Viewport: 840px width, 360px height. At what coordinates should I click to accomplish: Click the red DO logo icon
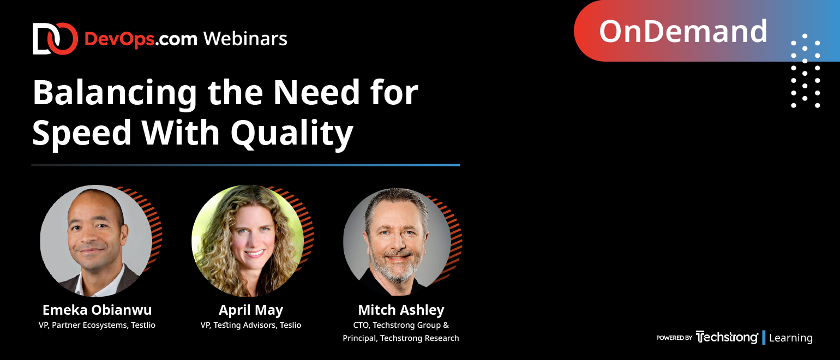[55, 39]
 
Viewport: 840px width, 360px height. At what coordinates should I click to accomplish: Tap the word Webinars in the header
[245, 39]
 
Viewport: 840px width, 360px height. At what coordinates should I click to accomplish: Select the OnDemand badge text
[683, 31]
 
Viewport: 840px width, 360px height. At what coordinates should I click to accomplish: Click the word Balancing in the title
[115, 93]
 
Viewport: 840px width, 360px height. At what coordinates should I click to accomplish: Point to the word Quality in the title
[292, 133]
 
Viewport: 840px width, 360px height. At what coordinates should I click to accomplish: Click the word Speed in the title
[82, 133]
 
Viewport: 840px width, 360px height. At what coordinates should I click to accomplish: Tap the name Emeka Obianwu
[97, 310]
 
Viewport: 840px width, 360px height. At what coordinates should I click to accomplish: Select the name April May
[251, 310]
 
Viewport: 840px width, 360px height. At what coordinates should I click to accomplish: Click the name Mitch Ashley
[401, 310]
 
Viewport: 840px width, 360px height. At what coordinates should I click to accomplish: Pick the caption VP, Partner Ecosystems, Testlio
[97, 325]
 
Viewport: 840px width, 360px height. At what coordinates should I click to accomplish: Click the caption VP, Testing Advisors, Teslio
[251, 325]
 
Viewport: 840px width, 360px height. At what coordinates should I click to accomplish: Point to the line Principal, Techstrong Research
[401, 338]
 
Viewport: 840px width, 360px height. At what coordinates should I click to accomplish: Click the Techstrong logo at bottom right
[727, 337]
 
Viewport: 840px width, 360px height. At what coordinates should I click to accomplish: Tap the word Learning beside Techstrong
[791, 338]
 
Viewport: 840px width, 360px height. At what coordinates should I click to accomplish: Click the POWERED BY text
[674, 338]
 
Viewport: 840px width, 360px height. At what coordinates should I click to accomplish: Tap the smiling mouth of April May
[254, 253]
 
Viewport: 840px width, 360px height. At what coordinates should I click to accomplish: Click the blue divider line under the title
[245, 165]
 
